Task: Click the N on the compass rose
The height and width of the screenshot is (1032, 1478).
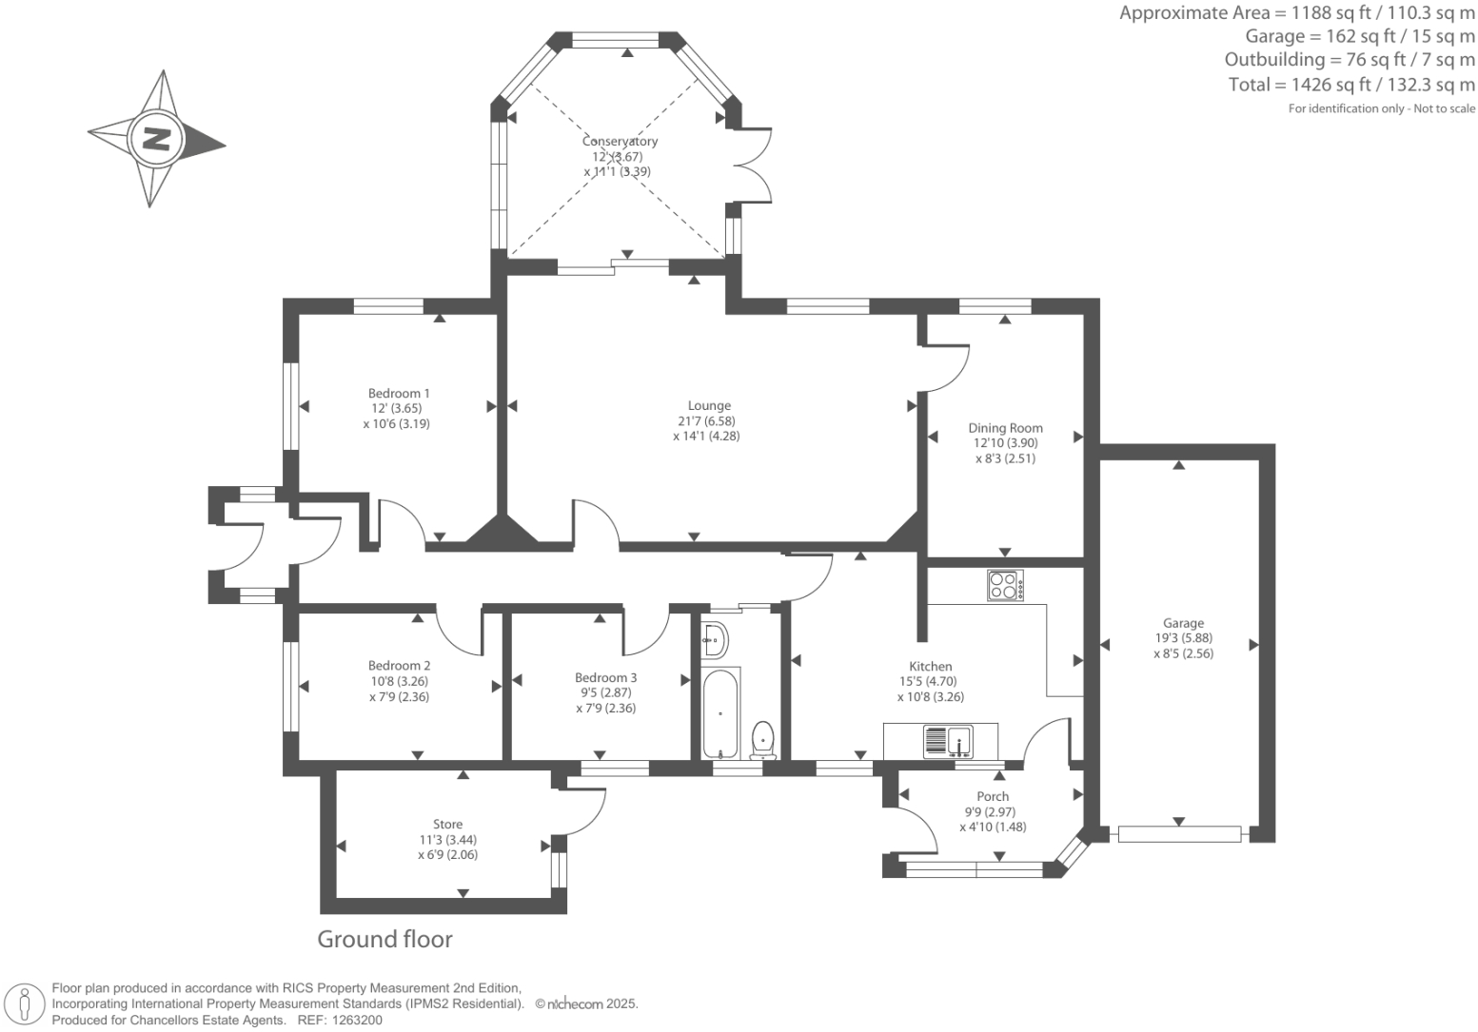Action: pyautogui.click(x=158, y=139)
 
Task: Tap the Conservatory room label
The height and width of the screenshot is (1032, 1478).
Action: pyautogui.click(x=620, y=141)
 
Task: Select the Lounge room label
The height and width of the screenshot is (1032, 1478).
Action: pyautogui.click(x=709, y=405)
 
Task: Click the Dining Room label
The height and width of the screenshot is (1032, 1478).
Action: pyautogui.click(x=1006, y=428)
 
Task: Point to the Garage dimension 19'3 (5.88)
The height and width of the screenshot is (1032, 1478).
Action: pyautogui.click(x=1184, y=637)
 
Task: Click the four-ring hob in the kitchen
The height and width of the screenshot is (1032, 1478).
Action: pyautogui.click(x=1006, y=586)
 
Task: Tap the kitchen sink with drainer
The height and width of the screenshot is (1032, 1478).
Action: pyautogui.click(x=948, y=741)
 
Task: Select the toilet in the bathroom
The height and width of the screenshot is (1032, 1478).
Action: pyautogui.click(x=763, y=741)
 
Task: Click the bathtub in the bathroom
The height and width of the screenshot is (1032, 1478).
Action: pyautogui.click(x=720, y=714)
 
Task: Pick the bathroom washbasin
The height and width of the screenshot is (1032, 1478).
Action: pyautogui.click(x=715, y=639)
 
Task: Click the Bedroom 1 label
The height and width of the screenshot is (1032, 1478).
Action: pyautogui.click(x=399, y=393)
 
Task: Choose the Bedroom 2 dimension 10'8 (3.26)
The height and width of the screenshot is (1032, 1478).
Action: pyautogui.click(x=399, y=681)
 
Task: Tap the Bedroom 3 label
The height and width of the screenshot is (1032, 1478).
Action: pyautogui.click(x=605, y=677)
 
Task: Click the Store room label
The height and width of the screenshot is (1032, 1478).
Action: pyautogui.click(x=447, y=825)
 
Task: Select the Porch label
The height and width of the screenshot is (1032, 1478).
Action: pyautogui.click(x=993, y=796)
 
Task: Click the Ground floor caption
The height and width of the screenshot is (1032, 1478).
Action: pyautogui.click(x=384, y=939)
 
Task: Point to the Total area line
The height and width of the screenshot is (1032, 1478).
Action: pyautogui.click(x=1351, y=85)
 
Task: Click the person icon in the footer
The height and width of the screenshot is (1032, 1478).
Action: pyautogui.click(x=25, y=1004)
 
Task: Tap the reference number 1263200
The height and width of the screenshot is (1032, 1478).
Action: pyautogui.click(x=356, y=1021)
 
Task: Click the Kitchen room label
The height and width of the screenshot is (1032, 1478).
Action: pyautogui.click(x=931, y=666)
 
